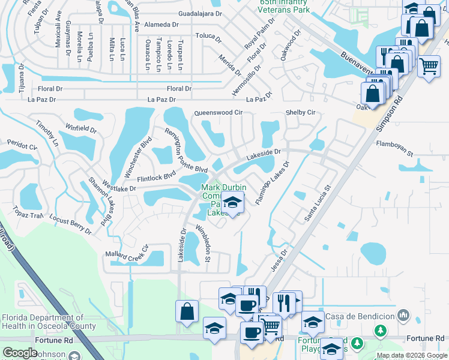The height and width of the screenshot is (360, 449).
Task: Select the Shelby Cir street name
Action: (300, 112)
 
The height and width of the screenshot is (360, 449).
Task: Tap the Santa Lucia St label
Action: (318, 203)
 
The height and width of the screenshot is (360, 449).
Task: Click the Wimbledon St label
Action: (202, 243)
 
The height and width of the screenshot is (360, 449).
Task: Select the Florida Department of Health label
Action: (48, 322)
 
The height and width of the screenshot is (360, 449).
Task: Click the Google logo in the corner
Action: (20, 352)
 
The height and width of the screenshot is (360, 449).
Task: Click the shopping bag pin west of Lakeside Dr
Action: (187, 311)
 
